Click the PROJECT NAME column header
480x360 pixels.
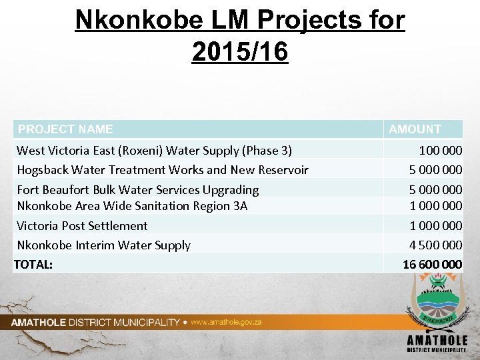[x=65, y=129]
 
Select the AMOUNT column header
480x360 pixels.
[x=415, y=129]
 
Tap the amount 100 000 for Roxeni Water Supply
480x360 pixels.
[x=440, y=151]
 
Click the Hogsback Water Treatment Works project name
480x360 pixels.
[x=162, y=170]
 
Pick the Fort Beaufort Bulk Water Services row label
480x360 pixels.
[x=137, y=190]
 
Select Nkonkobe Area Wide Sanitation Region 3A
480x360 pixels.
[x=131, y=206]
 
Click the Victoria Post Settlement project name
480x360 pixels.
[x=82, y=226]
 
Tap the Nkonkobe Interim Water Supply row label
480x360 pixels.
[x=103, y=245]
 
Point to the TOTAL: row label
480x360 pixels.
[x=33, y=265]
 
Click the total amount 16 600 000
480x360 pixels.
[x=432, y=265]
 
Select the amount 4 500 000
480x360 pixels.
[x=435, y=245]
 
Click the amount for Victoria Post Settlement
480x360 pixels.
[x=435, y=226]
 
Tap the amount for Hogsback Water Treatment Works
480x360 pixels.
[x=435, y=170]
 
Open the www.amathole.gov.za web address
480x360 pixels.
[x=226, y=322]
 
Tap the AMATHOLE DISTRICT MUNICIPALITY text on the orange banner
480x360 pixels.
[x=95, y=323]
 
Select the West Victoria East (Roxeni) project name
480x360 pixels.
[x=154, y=151]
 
